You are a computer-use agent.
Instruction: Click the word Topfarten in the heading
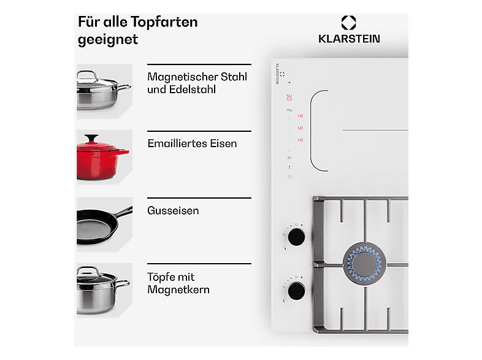click(164, 23)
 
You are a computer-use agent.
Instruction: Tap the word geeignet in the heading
click(108, 40)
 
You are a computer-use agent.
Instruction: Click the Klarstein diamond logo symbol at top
click(348, 23)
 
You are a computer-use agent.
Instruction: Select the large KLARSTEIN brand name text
click(349, 39)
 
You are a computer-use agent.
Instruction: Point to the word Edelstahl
click(193, 90)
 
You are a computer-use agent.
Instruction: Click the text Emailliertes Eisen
click(192, 144)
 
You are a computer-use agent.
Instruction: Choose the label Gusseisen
click(173, 210)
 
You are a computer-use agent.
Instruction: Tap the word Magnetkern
click(178, 289)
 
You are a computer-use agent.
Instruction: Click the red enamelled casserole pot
click(102, 158)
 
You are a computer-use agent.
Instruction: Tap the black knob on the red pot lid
click(91, 138)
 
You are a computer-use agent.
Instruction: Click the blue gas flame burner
click(364, 264)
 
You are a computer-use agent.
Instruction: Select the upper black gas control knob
click(296, 237)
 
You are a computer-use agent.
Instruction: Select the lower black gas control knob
click(296, 291)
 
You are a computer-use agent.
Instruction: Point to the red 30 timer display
click(289, 98)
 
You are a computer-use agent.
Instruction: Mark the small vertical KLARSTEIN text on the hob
click(277, 74)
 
